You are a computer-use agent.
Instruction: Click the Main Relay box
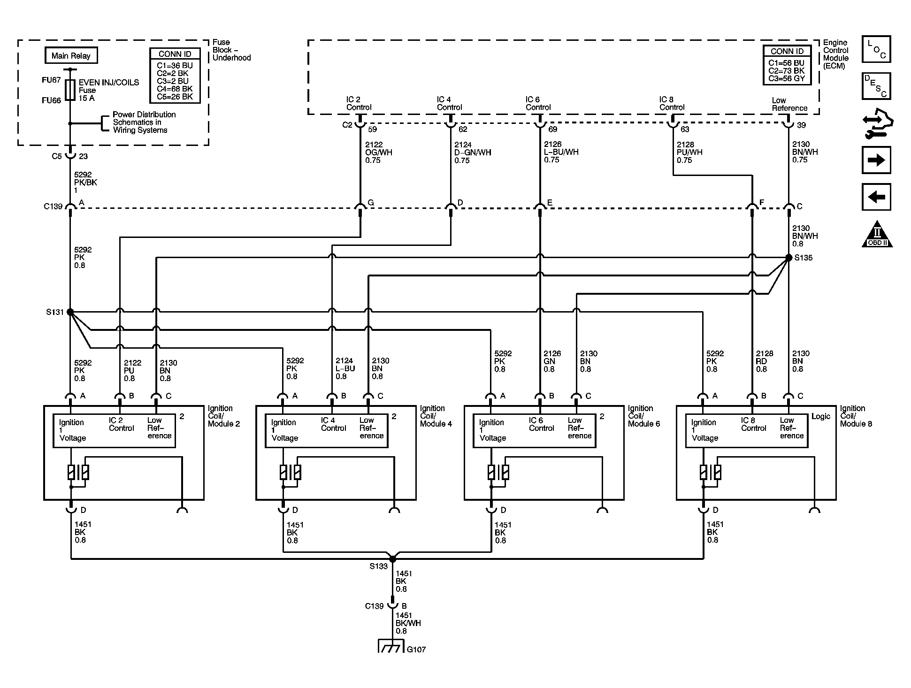pos(71,55)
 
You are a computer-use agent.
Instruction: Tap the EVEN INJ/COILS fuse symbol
pos(70,90)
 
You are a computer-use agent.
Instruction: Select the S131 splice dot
pos(70,312)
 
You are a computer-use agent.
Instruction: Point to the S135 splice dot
pos(789,258)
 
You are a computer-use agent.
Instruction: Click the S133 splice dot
pos(393,559)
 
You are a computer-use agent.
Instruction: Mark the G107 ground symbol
pos(390,647)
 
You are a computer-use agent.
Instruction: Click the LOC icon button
pos(876,49)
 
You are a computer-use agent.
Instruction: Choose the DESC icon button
pos(876,86)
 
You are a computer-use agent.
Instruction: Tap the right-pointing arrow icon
pos(876,160)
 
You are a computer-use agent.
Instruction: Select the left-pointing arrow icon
pos(876,197)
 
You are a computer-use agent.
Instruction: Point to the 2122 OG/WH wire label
pos(378,153)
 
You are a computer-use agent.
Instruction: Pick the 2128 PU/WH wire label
pos(689,153)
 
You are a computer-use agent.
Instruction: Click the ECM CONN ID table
pos(787,65)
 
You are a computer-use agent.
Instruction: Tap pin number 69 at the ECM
pos(552,129)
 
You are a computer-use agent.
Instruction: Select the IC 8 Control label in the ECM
pos(672,103)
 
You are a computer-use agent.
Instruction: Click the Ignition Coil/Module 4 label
pos(436,416)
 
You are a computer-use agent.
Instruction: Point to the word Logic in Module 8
pos(821,416)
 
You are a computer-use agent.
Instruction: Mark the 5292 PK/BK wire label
pos(85,183)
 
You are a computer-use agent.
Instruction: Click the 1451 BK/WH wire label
pos(408,623)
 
